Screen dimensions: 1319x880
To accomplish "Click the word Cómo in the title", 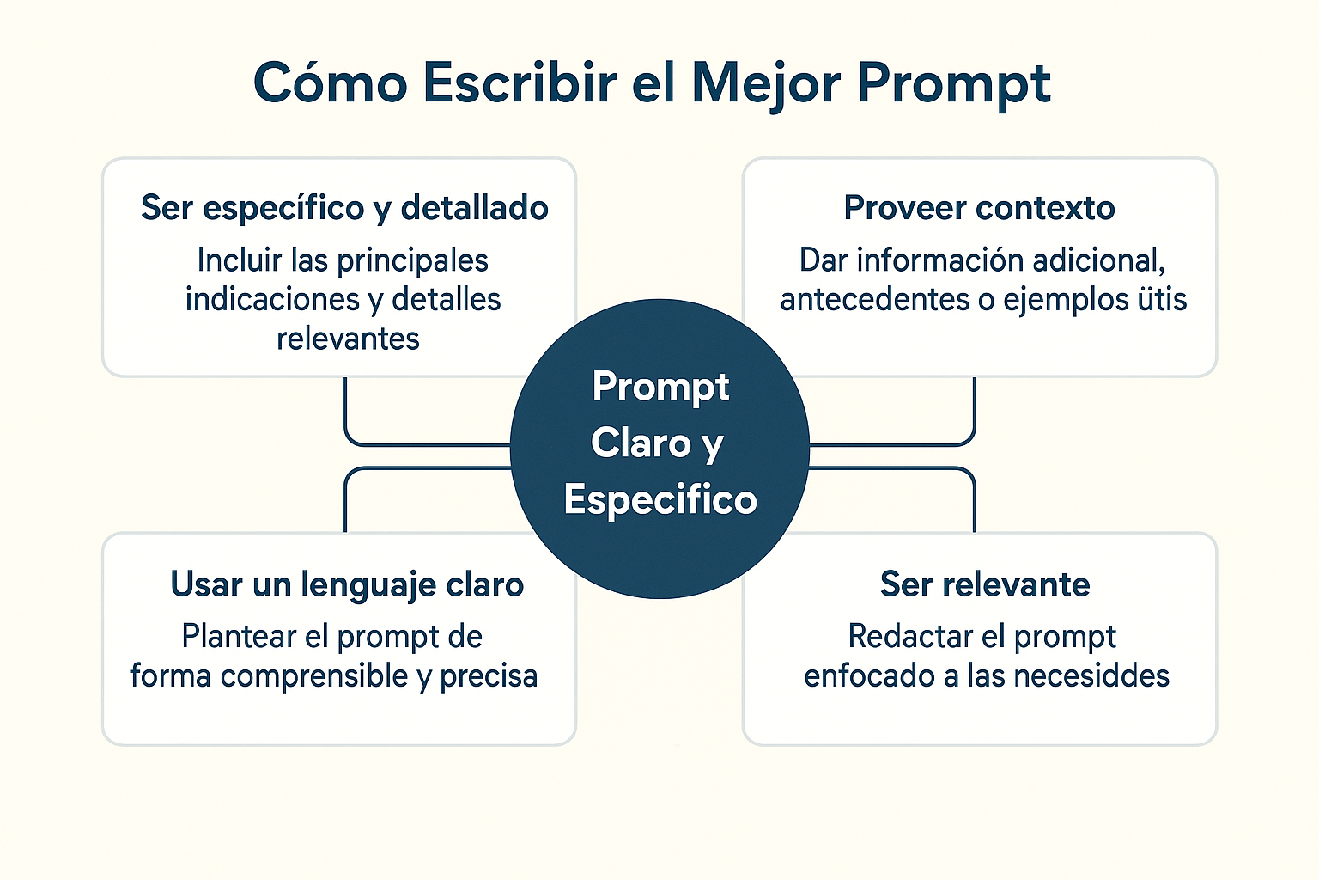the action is coord(331,82).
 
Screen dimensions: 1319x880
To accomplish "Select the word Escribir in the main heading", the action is coord(520,82).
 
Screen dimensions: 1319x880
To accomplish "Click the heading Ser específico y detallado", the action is coord(344,209).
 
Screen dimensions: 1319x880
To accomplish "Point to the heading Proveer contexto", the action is coord(979,208).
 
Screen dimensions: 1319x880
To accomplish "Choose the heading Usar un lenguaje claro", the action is coord(347,585).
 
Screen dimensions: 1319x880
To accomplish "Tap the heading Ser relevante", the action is coord(985,584).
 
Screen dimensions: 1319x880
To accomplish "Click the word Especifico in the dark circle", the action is coord(660,500).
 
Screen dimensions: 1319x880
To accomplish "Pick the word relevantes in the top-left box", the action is coord(348,339).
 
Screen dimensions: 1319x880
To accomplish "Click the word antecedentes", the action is coord(874,299).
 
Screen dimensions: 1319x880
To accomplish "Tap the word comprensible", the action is coord(313,676).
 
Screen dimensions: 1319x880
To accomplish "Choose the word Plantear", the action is coord(239,637).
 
